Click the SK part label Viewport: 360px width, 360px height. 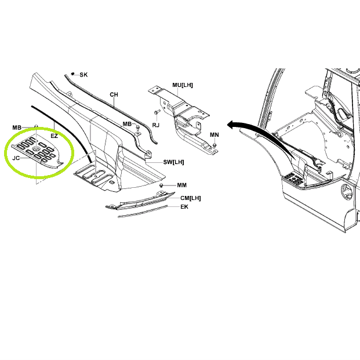[83, 75]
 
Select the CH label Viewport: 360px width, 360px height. [114, 94]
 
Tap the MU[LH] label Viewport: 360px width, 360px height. [183, 85]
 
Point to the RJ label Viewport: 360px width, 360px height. [156, 125]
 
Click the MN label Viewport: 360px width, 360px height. [214, 134]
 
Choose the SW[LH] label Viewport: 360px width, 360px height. [173, 162]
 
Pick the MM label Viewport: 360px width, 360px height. [181, 185]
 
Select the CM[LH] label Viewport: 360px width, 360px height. [191, 198]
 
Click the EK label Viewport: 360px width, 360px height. [184, 207]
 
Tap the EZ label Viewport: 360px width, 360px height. [54, 136]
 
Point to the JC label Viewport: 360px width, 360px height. [16, 158]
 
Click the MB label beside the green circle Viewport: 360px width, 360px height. [17, 128]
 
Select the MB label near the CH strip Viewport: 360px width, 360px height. [127, 124]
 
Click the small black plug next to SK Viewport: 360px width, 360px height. [73, 74]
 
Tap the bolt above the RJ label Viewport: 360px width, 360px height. [157, 112]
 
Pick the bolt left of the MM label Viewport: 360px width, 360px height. [161, 185]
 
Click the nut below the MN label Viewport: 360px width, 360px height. [214, 145]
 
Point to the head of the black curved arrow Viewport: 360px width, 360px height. [231, 125]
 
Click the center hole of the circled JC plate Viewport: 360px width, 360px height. [35, 149]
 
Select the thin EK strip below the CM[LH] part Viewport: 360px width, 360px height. [143, 211]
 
